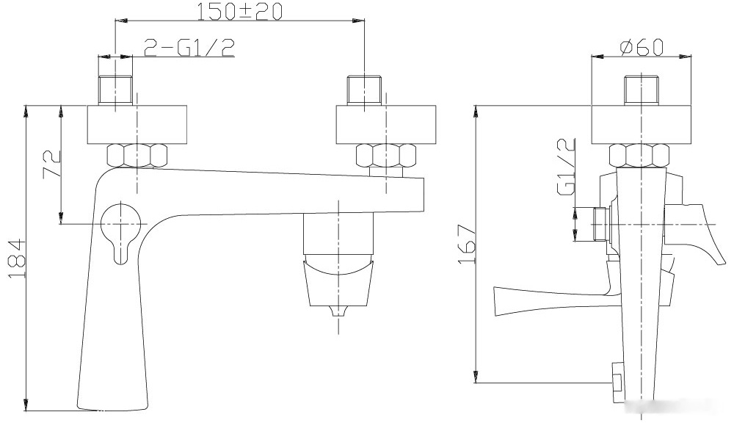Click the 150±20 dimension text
[x=239, y=11]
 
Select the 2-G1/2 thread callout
[x=189, y=47]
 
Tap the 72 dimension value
[x=52, y=162]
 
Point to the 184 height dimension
[x=17, y=258]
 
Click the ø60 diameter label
[x=642, y=47]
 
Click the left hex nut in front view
[x=137, y=156]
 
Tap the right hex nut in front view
[x=386, y=156]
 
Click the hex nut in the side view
[x=639, y=156]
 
